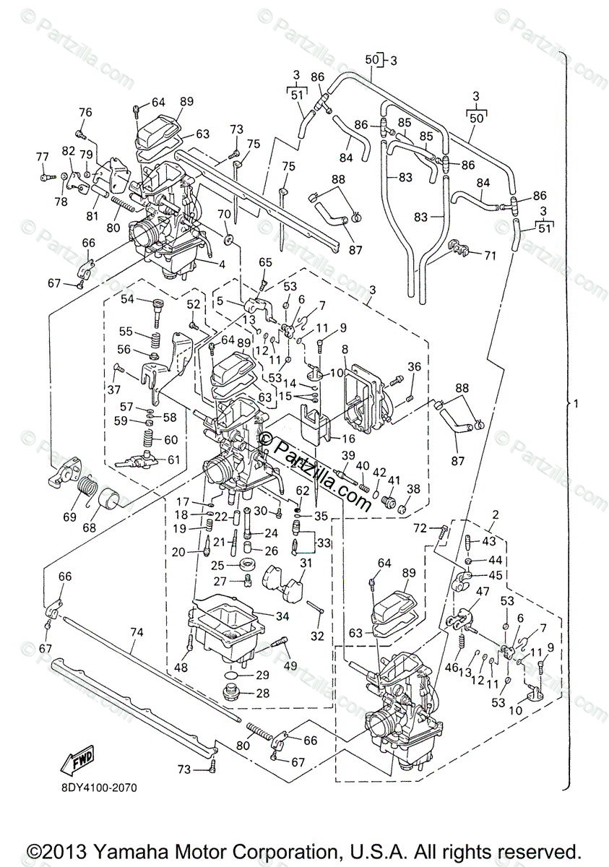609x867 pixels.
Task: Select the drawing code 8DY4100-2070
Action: point(93,787)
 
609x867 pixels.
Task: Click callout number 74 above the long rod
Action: point(137,631)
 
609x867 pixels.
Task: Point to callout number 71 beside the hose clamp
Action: point(490,256)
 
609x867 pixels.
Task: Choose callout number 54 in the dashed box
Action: point(128,299)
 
